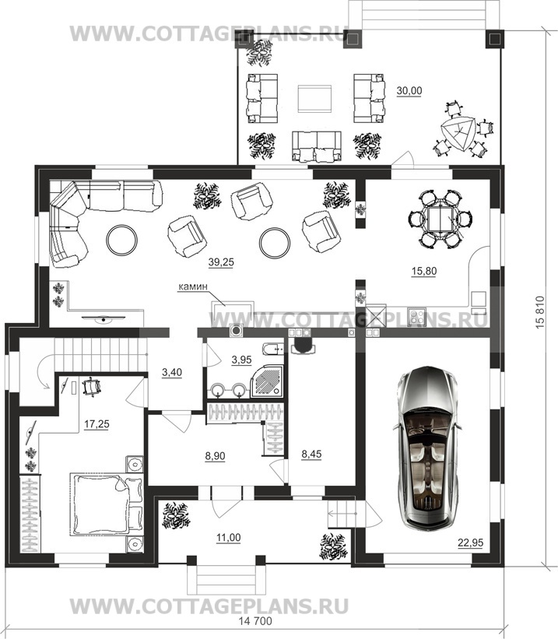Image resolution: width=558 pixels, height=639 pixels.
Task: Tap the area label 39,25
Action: pos(221,262)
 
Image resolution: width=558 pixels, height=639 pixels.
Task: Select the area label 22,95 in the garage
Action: pos(470,542)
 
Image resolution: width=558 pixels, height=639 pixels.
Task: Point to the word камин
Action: pos(192,286)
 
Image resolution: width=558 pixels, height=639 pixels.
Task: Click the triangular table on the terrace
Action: pos(458,134)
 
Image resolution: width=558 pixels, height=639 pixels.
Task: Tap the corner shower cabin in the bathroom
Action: pos(267,380)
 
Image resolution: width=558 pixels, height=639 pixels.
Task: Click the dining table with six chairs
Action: pos(440,219)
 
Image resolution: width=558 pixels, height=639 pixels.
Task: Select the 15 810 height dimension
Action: pos(539,312)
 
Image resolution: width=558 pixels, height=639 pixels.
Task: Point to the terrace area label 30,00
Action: pos(409,90)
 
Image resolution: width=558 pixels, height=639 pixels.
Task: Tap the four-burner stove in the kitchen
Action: pos(416,317)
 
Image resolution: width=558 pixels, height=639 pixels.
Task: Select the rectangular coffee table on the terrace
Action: pos(314,98)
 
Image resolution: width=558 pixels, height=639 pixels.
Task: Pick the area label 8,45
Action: pos(311,454)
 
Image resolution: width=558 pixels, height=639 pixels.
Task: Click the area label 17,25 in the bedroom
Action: pos(97,424)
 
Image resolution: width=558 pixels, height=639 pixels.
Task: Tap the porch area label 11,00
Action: pos(228,538)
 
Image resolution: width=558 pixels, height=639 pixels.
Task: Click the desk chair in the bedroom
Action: pos(91,387)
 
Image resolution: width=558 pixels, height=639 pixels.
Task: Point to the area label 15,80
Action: pos(424,271)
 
